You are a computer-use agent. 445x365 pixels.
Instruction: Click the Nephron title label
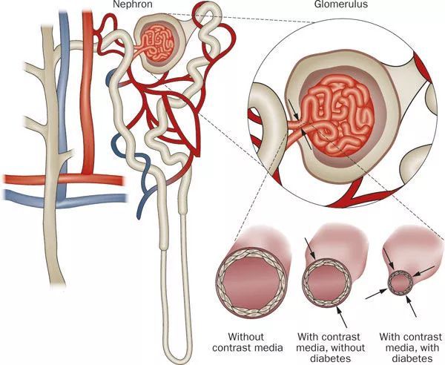132,4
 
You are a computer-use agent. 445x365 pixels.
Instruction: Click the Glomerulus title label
340,4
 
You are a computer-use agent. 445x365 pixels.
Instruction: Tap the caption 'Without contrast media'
247,343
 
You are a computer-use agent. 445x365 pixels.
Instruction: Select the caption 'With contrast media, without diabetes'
331,348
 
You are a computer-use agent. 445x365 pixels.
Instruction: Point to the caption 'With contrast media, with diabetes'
410,348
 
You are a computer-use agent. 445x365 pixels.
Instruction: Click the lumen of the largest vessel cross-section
251,283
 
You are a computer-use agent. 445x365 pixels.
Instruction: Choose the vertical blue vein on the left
63,105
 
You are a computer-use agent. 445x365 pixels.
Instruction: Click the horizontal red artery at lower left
64,180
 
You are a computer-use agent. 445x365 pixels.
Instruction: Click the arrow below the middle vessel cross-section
342,317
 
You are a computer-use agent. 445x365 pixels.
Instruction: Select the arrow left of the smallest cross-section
376,294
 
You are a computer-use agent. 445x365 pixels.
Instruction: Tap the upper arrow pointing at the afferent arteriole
293,109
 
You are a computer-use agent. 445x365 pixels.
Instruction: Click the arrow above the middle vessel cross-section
310,249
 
